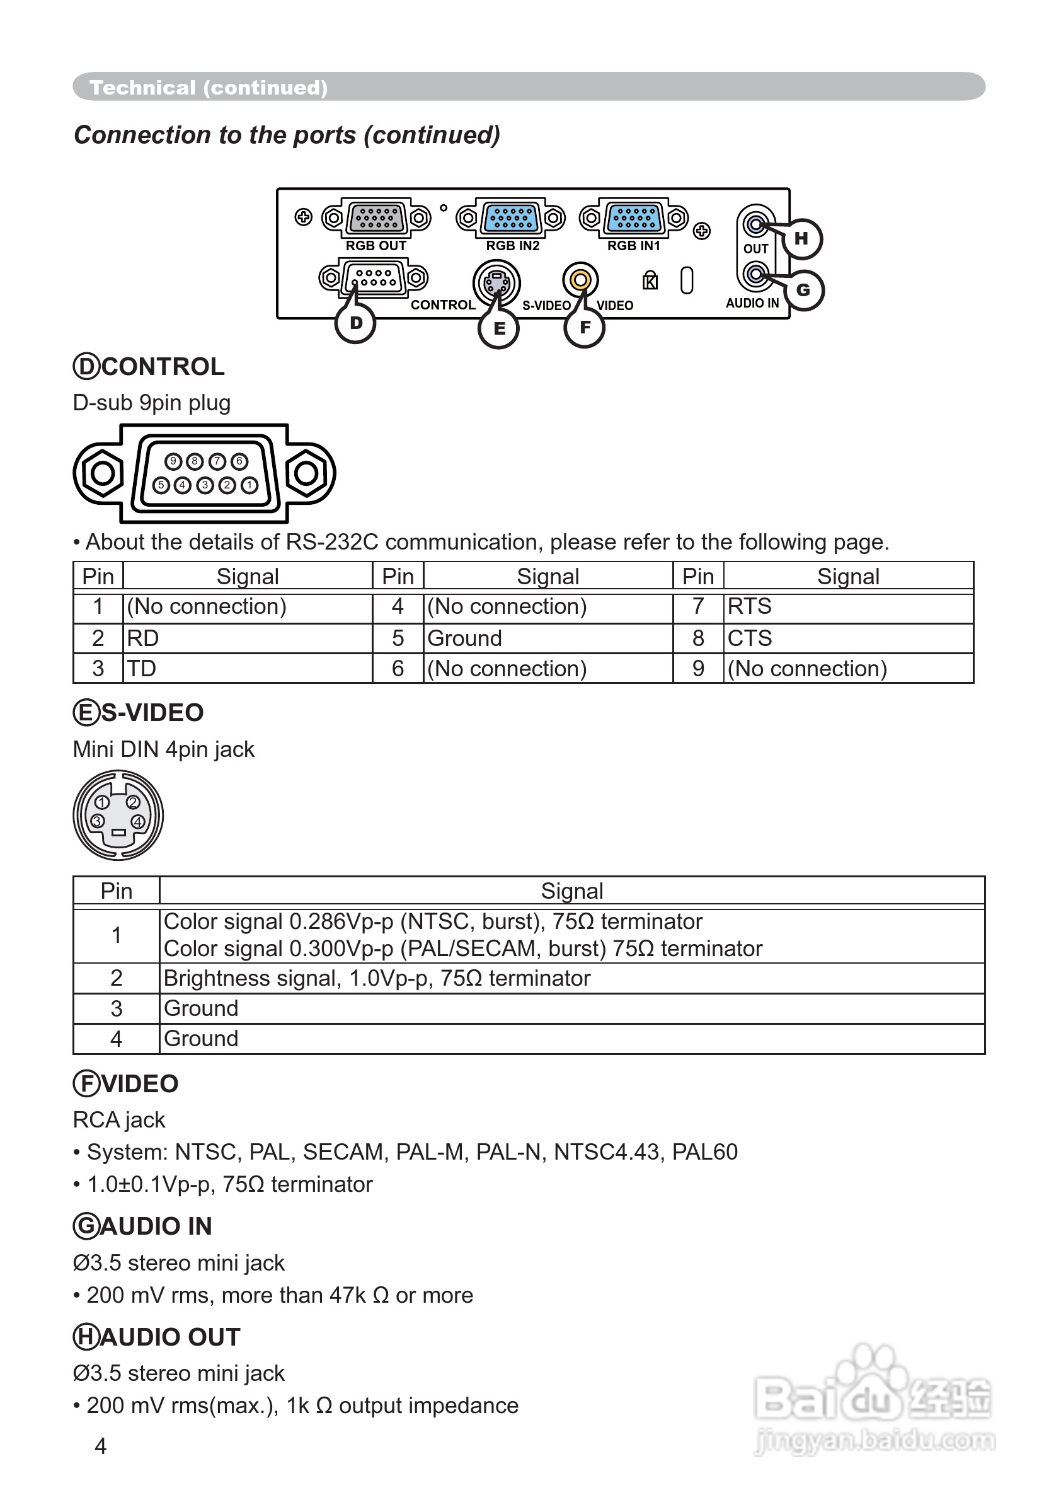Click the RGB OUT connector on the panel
click(x=376, y=217)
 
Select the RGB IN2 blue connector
click(x=511, y=217)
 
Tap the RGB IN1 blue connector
click(x=633, y=217)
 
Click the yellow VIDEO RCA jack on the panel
click(x=580, y=280)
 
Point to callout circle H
click(x=801, y=239)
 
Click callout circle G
click(x=803, y=289)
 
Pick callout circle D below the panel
click(x=355, y=323)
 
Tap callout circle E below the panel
click(x=498, y=328)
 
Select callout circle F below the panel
click(x=584, y=328)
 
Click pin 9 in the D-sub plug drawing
click(x=173, y=461)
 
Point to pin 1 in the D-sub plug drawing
click(x=249, y=485)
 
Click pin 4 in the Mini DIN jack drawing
click(x=138, y=822)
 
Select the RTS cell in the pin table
click(x=749, y=606)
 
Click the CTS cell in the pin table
click(x=749, y=638)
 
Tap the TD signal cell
click(x=141, y=669)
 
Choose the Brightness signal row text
click(x=377, y=978)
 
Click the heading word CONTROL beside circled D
click(x=163, y=367)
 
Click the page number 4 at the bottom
click(x=101, y=1446)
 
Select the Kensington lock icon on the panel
click(x=650, y=280)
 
